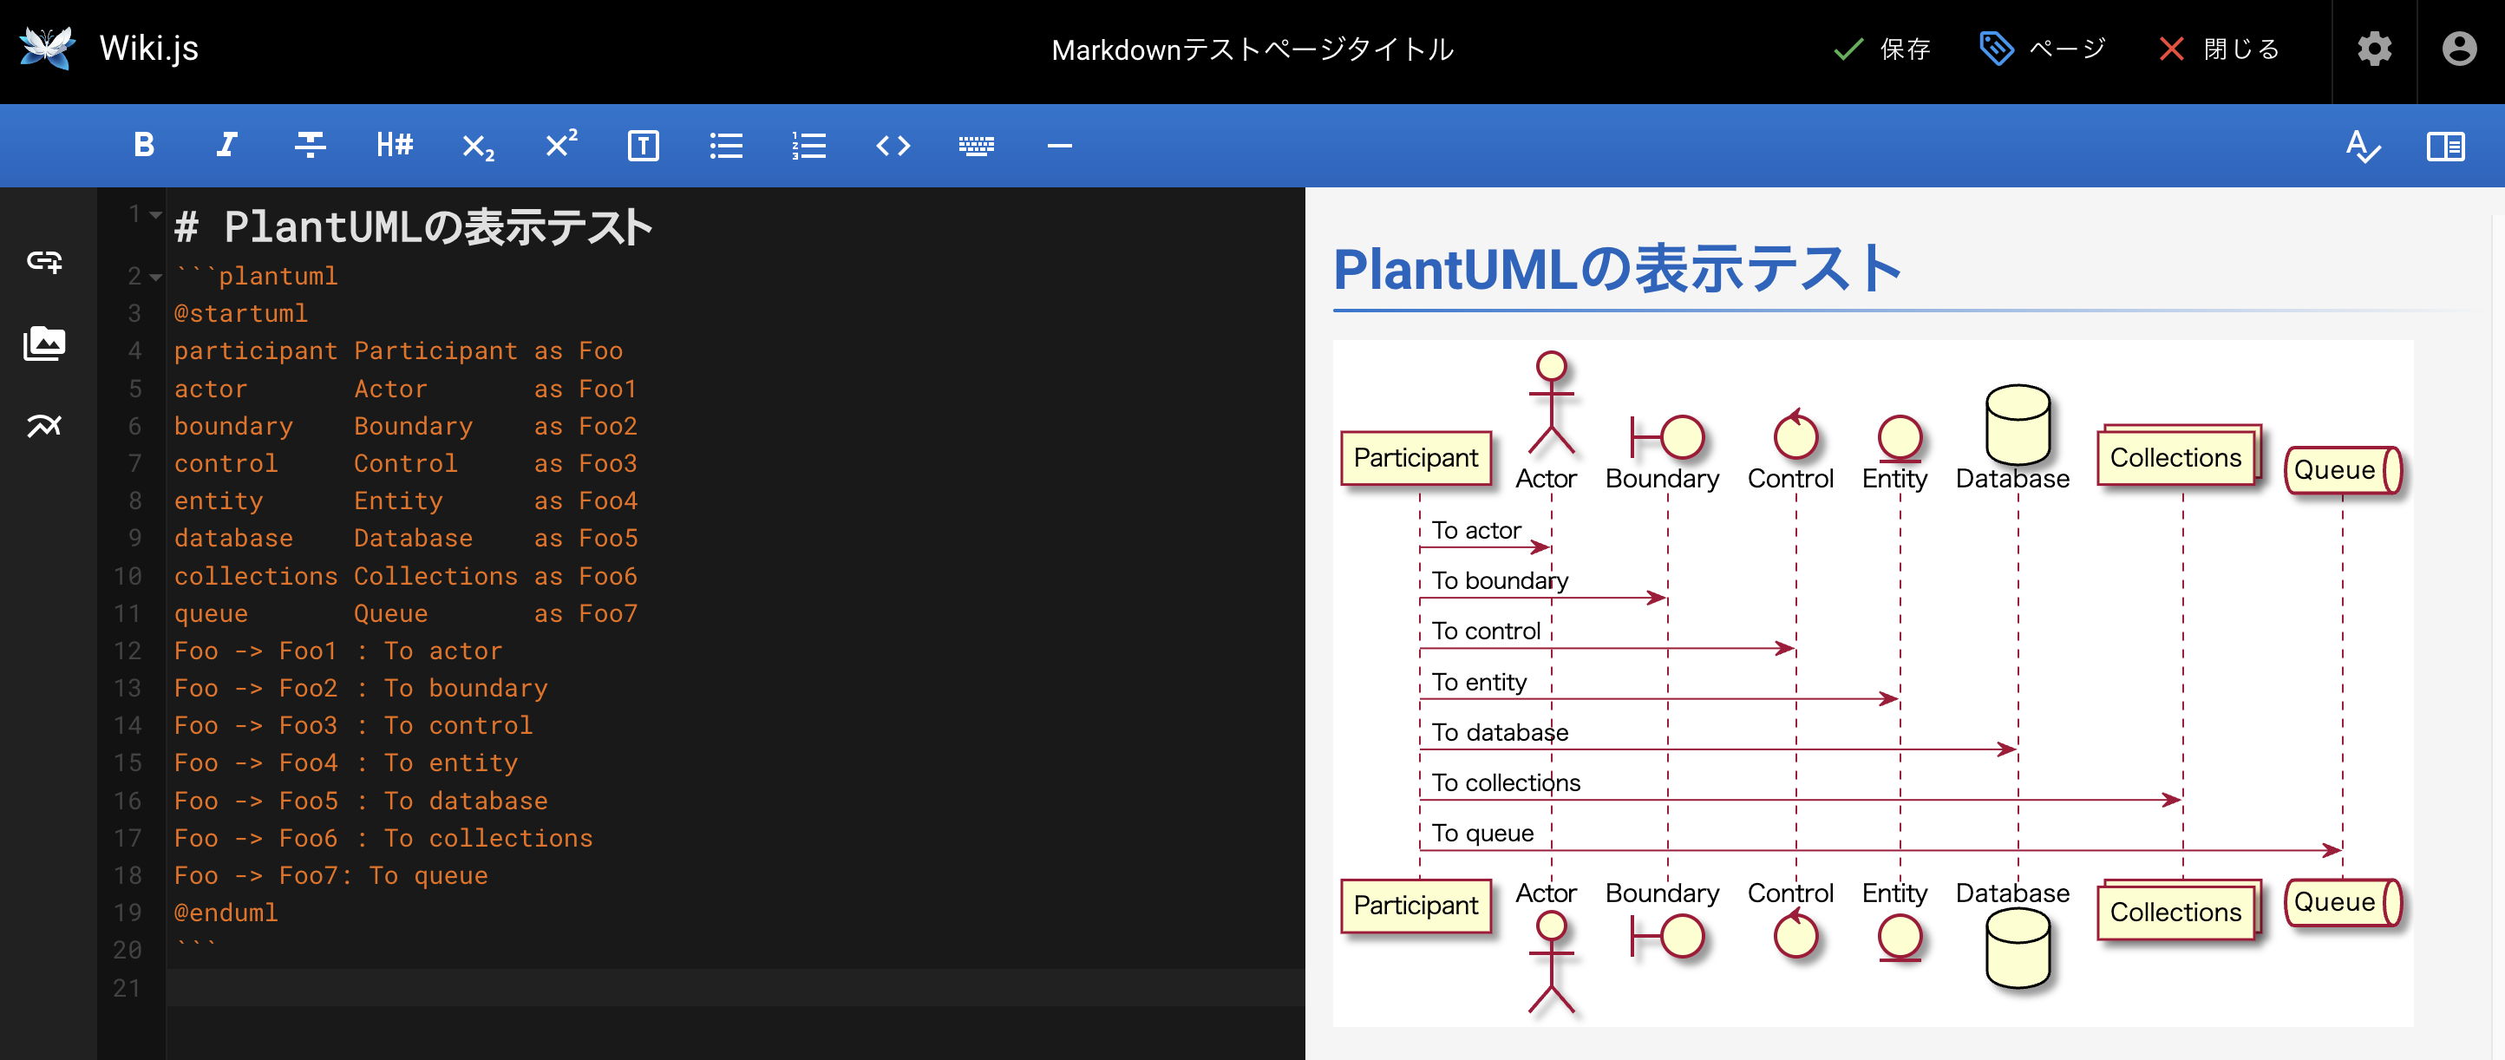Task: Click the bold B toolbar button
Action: (x=144, y=146)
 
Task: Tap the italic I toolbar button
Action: (x=226, y=146)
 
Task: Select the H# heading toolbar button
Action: (x=394, y=146)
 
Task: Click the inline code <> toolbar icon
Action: (x=893, y=146)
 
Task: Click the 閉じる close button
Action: (x=2220, y=49)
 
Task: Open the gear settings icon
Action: (x=2374, y=49)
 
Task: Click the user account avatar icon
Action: (x=2459, y=49)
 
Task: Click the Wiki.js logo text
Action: (x=149, y=49)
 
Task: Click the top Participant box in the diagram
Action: (x=1415, y=458)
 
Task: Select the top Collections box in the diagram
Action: (x=2175, y=458)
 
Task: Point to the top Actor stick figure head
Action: (x=1551, y=367)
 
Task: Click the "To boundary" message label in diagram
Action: (x=1500, y=580)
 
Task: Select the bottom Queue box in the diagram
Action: (x=2342, y=902)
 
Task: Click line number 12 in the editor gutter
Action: (x=128, y=651)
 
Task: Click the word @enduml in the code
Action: (x=226, y=913)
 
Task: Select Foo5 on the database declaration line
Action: (x=608, y=538)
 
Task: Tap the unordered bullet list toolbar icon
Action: (x=725, y=146)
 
